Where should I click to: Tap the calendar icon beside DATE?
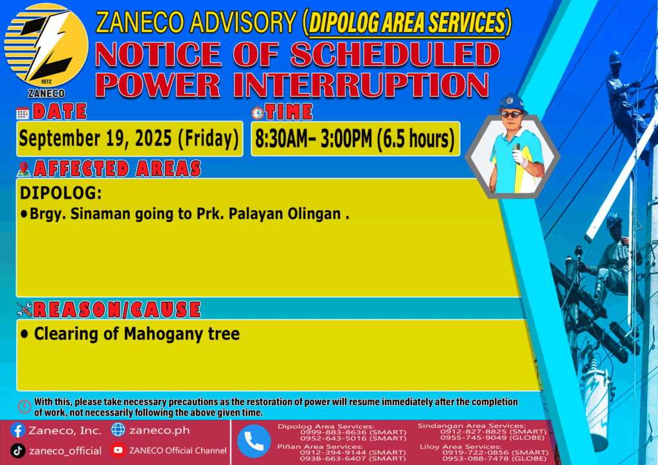click(x=22, y=113)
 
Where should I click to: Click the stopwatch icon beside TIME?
click(x=258, y=112)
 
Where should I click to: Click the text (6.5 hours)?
click(x=415, y=139)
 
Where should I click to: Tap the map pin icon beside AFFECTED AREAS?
click(x=24, y=169)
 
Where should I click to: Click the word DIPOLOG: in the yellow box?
click(x=61, y=193)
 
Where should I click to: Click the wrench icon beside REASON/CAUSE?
click(x=24, y=310)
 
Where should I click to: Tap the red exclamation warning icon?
click(x=24, y=407)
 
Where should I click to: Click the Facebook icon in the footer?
click(x=17, y=430)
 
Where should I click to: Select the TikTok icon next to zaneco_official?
click(x=17, y=451)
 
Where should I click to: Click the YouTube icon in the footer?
click(x=118, y=450)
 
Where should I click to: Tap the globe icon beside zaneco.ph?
click(x=118, y=430)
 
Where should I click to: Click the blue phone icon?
click(x=254, y=441)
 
